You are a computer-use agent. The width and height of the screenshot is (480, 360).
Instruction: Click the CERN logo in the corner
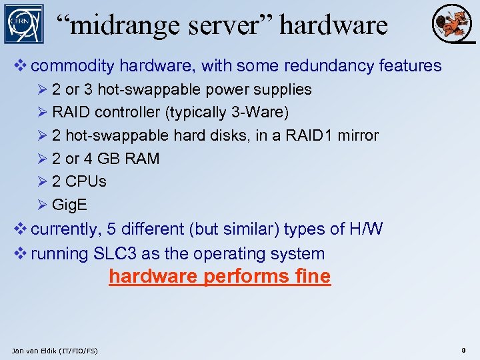pos(24,24)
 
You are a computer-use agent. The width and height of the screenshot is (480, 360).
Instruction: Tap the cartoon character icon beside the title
pos(447,23)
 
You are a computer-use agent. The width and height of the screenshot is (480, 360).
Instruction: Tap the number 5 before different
pos(112,229)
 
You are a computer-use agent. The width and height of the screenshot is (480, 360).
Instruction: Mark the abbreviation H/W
pos(366,229)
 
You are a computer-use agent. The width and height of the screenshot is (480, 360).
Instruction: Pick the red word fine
pos(312,276)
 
